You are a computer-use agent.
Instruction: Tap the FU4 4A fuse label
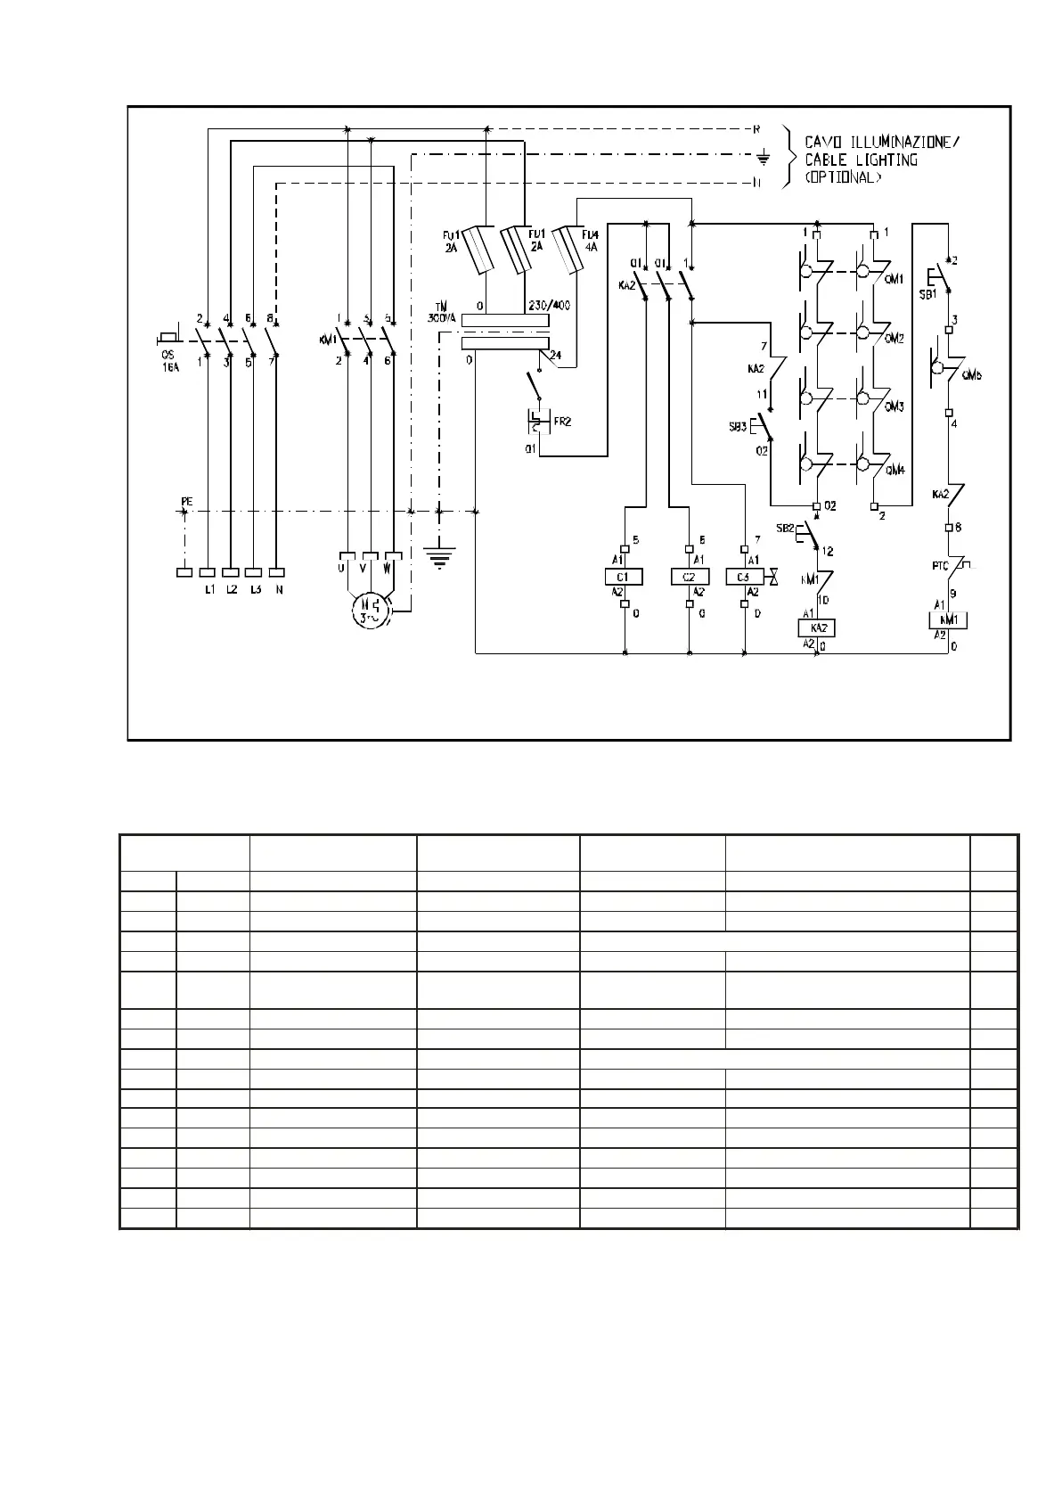click(x=590, y=242)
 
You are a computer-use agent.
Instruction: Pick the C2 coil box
click(x=690, y=578)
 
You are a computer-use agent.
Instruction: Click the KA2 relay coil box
click(x=816, y=628)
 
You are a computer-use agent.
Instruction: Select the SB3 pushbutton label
click(x=737, y=428)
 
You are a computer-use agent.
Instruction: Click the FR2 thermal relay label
click(x=562, y=422)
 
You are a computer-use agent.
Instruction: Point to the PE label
click(x=186, y=503)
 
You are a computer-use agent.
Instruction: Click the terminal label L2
click(x=231, y=590)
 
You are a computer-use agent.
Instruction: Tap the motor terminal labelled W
click(x=388, y=567)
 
